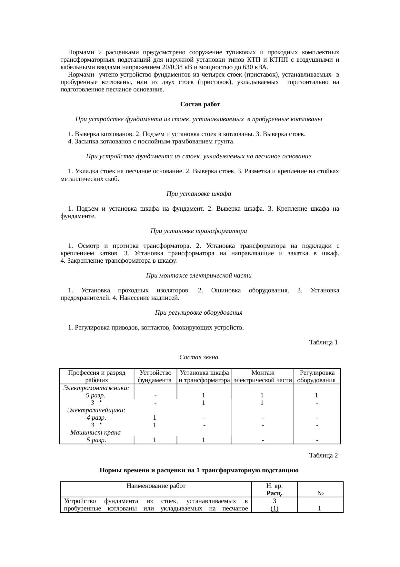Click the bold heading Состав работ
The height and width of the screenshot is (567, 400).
click(x=200, y=104)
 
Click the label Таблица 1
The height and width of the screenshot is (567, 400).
click(x=323, y=342)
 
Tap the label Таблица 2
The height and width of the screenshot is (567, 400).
click(x=323, y=456)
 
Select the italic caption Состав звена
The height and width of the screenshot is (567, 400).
click(x=199, y=357)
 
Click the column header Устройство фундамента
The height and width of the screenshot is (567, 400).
click(x=155, y=376)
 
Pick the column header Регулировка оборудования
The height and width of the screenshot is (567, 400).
click(x=317, y=376)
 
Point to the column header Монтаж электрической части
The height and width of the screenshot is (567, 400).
click(x=263, y=376)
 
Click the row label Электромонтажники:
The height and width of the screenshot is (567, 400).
click(x=96, y=388)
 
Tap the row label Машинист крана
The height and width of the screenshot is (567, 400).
click(x=95, y=433)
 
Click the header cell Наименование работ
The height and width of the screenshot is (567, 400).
click(x=156, y=486)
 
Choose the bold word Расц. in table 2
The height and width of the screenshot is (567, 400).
click(x=274, y=493)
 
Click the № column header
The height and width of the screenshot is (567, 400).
click(x=320, y=493)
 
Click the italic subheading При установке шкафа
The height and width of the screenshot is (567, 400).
click(x=199, y=194)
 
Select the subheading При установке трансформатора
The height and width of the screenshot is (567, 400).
click(x=199, y=231)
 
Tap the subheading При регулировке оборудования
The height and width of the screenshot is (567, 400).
click(x=199, y=313)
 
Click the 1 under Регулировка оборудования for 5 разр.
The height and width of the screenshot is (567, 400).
click(x=317, y=395)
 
